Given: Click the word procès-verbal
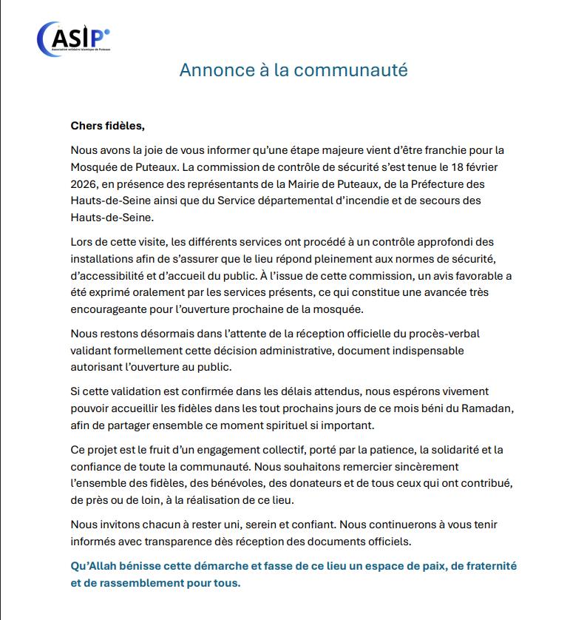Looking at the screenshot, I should click(443, 333).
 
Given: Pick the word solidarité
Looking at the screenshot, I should click(454, 449).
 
